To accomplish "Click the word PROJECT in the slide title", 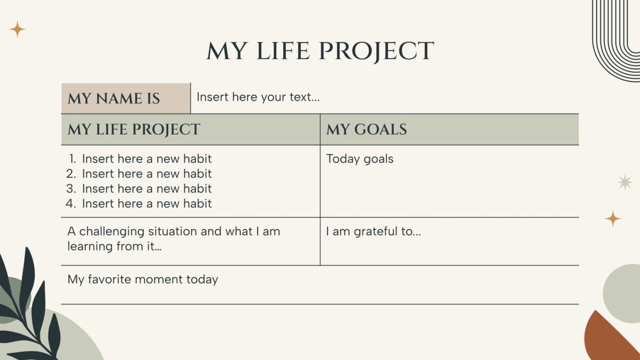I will click(376, 51).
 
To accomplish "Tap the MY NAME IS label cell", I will click(114, 98).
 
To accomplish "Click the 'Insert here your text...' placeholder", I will click(258, 97).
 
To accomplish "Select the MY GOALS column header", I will click(366, 129).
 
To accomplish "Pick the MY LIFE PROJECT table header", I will click(134, 129).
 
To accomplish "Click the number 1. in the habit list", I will click(73, 159).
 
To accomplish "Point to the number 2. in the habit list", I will click(72, 174).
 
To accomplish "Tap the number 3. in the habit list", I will click(72, 188).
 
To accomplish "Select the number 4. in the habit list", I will click(72, 204).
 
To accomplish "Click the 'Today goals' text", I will click(360, 159).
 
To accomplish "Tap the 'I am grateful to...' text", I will click(373, 231).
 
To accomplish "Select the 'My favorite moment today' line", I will click(143, 279).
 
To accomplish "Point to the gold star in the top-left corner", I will click(17, 29).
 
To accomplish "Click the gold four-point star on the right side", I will click(613, 218).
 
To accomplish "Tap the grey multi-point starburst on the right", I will click(625, 182).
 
